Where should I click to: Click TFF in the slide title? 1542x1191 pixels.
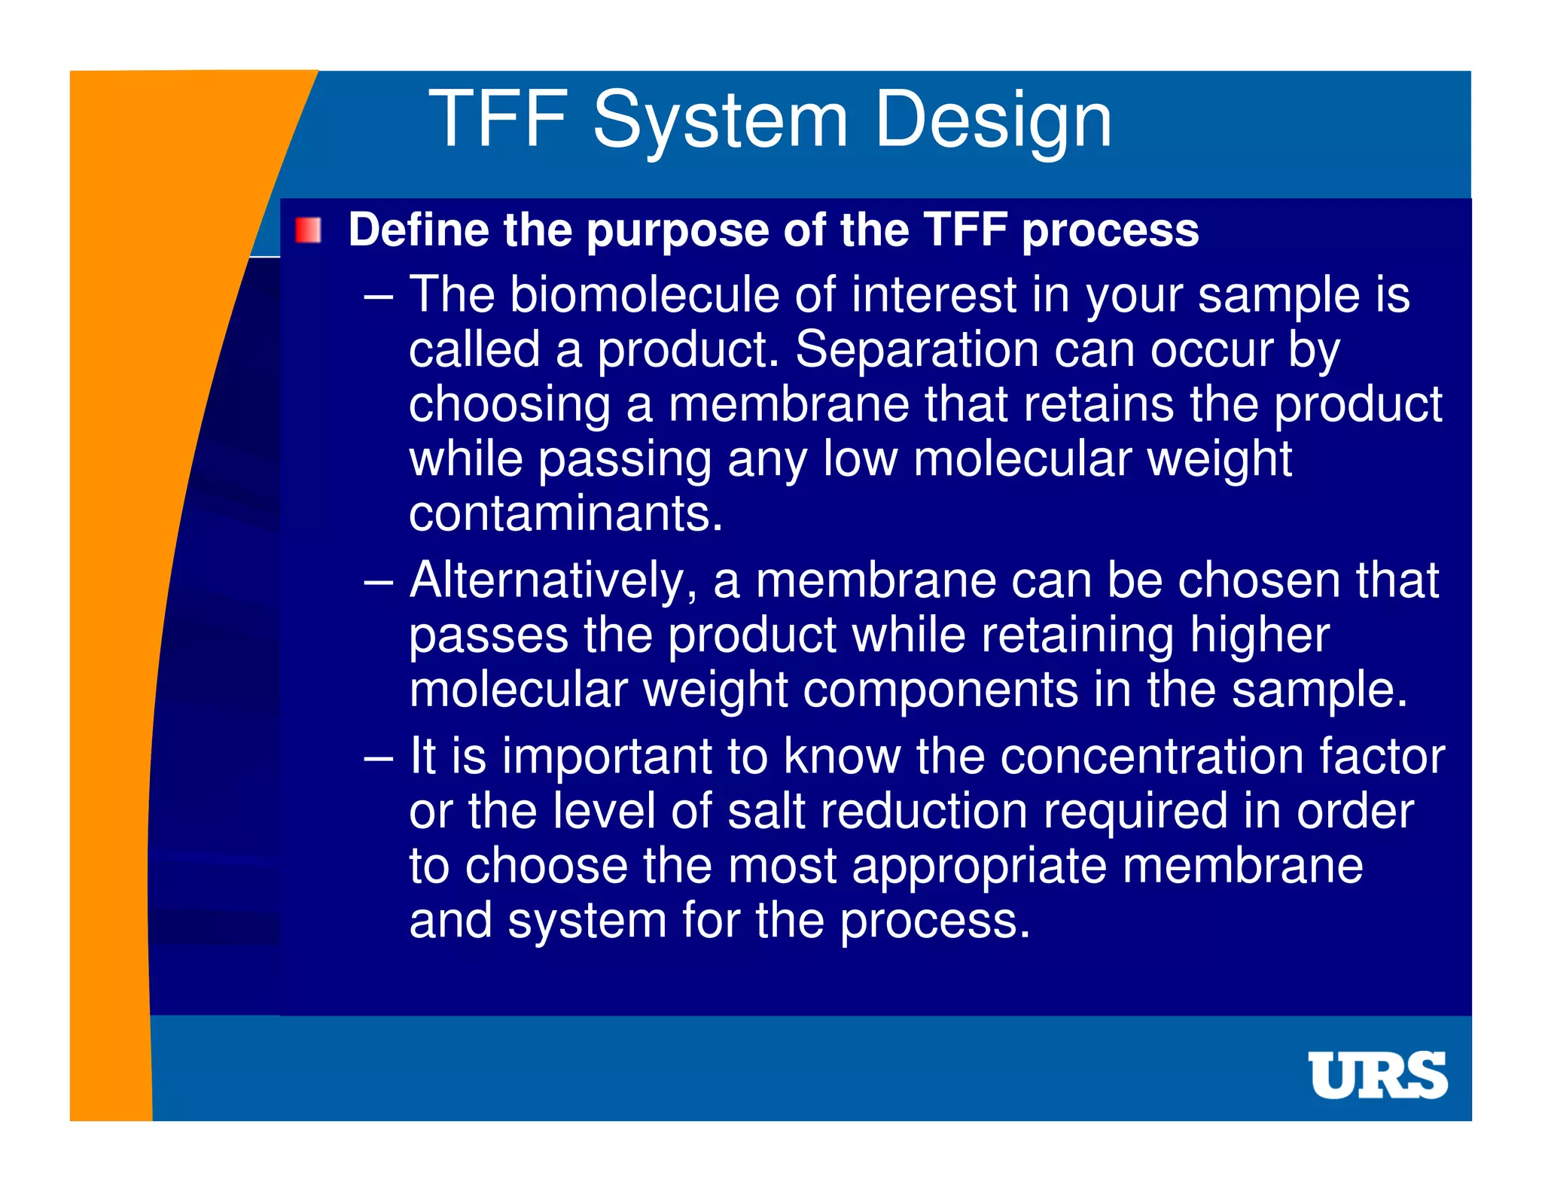[x=498, y=119]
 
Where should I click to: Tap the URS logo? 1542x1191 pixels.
[x=1377, y=1074]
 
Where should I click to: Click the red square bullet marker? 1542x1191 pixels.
[x=308, y=230]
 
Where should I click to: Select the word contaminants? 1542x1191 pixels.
[x=565, y=513]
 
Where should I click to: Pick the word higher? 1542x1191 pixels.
[x=1260, y=635]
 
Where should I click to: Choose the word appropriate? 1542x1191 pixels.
[x=979, y=867]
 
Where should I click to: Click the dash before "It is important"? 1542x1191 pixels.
[x=378, y=757]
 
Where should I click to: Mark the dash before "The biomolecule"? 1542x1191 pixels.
[x=378, y=296]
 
